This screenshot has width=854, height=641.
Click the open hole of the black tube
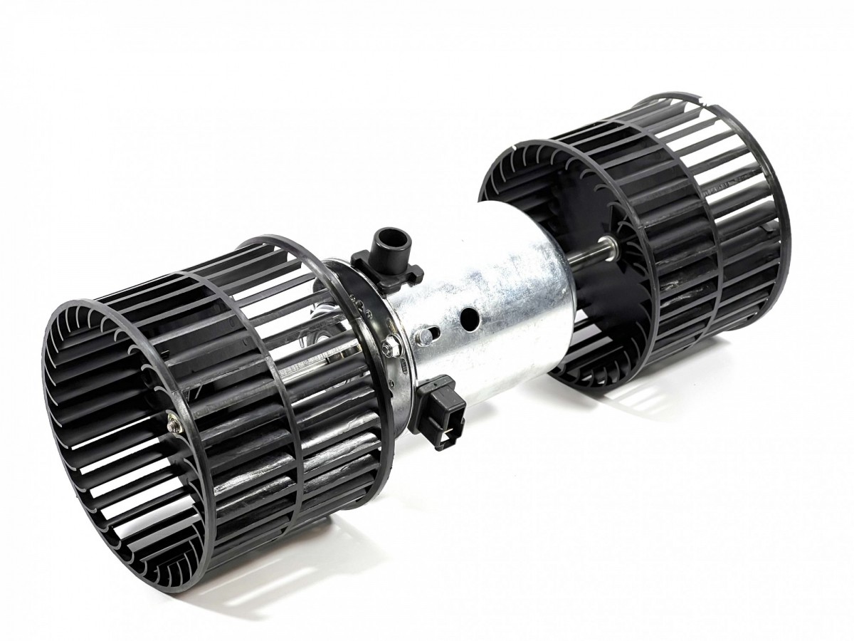point(389,235)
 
